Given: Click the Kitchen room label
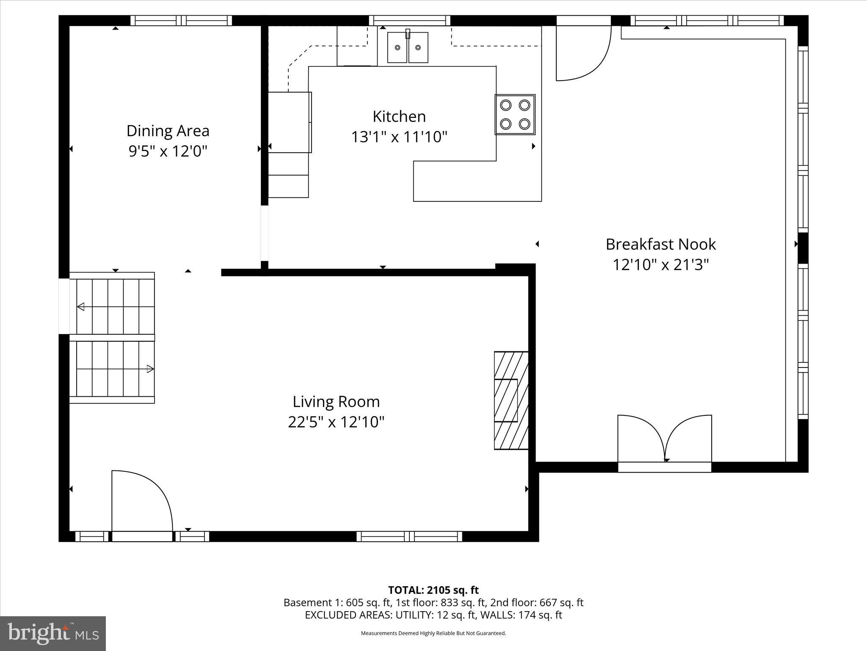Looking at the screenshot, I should coord(399,116).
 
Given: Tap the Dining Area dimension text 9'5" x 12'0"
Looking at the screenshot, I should coord(168,151).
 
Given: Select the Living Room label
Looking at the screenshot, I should coord(336,401).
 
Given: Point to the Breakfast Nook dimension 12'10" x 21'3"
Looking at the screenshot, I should coord(660,265).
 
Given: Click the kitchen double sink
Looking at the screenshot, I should coord(408,47).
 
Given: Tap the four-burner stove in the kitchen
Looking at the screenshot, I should coord(515,114).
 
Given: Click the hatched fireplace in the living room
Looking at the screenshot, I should coord(511,400).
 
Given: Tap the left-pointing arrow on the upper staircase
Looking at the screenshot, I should coord(80,307).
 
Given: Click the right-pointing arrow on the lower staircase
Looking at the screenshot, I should coord(150,369).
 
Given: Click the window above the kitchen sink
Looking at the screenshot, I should coord(409,20).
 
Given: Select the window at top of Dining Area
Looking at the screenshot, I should coord(181,20).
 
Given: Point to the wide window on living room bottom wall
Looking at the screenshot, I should coord(409,536).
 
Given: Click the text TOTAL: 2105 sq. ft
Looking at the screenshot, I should coord(433,590).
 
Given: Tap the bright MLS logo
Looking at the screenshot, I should coord(53,633).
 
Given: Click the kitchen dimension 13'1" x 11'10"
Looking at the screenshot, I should coord(399,137).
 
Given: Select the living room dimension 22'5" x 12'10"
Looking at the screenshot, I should coord(336,422).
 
